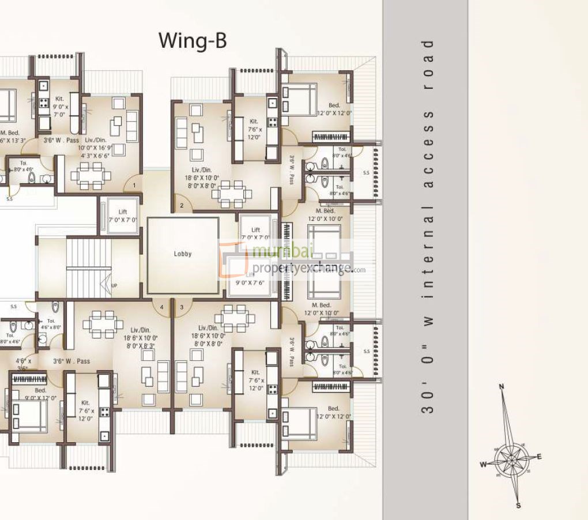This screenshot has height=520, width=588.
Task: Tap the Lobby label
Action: [182, 254]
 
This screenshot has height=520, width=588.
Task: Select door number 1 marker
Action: [134, 186]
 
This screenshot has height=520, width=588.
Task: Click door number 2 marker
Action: [181, 205]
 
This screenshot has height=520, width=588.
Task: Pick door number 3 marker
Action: [182, 307]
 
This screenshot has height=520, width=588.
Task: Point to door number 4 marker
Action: [162, 307]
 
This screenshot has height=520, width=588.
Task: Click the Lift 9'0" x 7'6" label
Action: [250, 279]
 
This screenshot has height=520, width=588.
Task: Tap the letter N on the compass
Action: [502, 386]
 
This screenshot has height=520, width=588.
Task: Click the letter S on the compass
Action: [518, 506]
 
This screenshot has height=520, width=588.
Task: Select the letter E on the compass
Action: [539, 457]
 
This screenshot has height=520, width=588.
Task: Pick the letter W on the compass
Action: [483, 464]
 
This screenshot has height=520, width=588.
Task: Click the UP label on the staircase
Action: [114, 285]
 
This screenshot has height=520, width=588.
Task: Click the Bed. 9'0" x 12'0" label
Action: [40, 394]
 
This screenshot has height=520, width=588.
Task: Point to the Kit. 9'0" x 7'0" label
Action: [60, 107]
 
